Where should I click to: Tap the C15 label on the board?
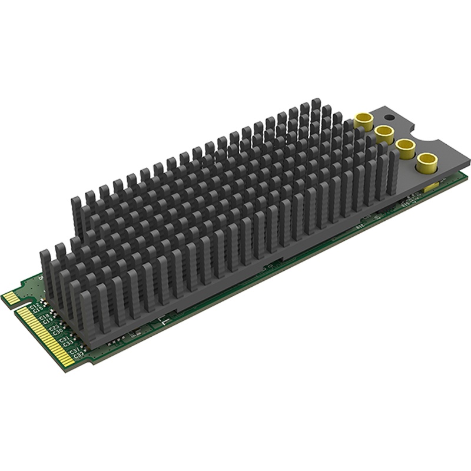click(37, 310)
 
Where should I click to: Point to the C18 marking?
click(44, 318)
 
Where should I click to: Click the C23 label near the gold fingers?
click(54, 330)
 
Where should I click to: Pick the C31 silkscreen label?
click(64, 340)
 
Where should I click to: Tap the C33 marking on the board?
click(67, 344)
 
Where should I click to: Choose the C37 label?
click(74, 351)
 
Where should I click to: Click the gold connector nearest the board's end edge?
click(426, 162)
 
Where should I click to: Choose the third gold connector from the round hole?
click(406, 148)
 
